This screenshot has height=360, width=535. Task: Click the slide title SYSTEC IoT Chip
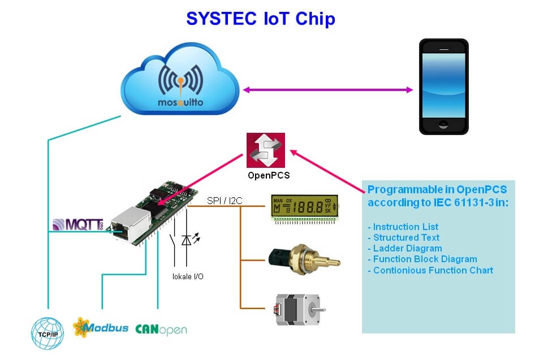point(261,19)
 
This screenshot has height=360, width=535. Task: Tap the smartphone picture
point(443,86)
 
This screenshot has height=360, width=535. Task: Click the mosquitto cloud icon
point(180,84)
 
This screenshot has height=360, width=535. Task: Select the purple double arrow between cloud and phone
point(327,89)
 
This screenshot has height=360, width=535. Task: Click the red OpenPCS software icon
point(266,150)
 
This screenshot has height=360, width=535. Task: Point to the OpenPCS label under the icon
point(269,175)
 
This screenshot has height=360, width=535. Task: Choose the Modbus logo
point(100,327)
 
